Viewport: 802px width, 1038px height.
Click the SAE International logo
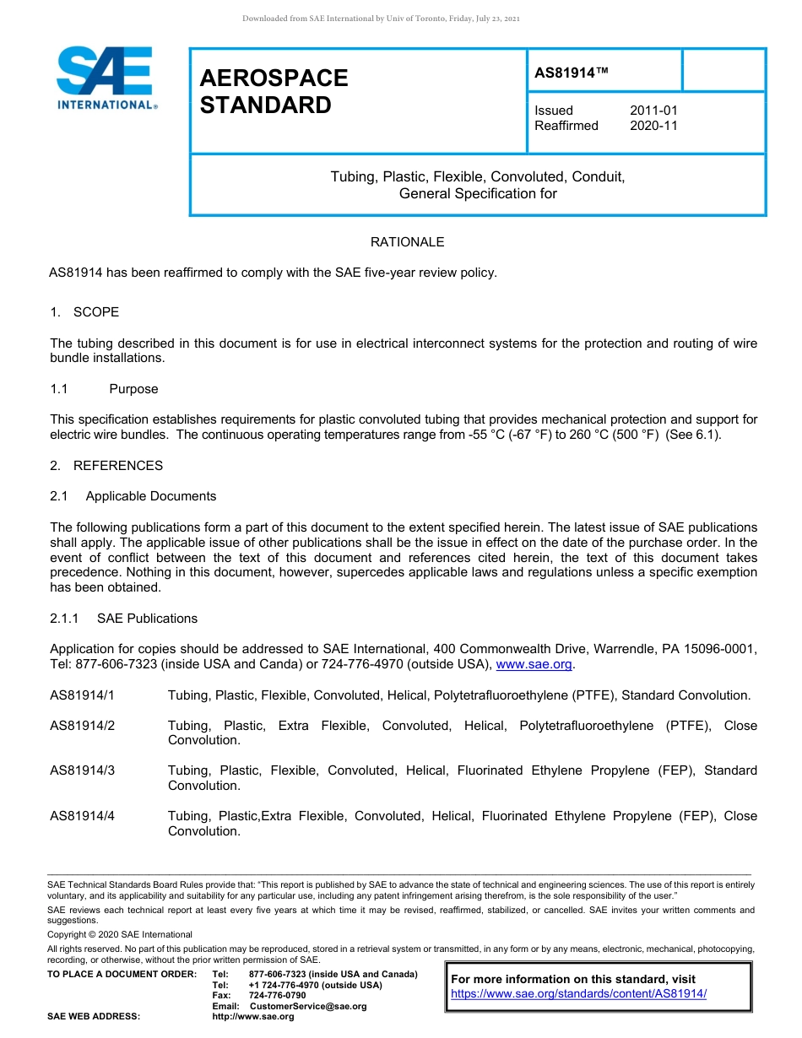106,78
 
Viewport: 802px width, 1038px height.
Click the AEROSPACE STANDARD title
274,91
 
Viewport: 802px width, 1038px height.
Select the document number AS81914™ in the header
572,73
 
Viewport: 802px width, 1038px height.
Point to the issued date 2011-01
653,111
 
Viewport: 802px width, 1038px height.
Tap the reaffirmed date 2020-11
653,126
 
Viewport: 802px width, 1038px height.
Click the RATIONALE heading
407,242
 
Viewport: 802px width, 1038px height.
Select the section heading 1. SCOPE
84,312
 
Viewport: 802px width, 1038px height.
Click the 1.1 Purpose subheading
104,389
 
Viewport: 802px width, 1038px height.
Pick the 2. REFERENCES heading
106,466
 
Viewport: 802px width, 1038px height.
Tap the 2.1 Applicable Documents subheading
133,496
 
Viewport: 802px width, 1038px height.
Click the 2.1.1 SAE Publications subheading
123,619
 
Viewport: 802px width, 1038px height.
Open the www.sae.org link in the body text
534,665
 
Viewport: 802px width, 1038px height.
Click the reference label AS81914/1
82,695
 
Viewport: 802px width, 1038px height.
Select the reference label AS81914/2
82,726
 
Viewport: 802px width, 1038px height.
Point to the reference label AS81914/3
82,770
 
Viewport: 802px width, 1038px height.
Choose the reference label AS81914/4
82,816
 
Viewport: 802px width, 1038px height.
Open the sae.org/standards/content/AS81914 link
578,993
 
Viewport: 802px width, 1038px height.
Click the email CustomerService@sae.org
308,1006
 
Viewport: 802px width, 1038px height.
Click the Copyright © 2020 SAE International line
120,934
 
